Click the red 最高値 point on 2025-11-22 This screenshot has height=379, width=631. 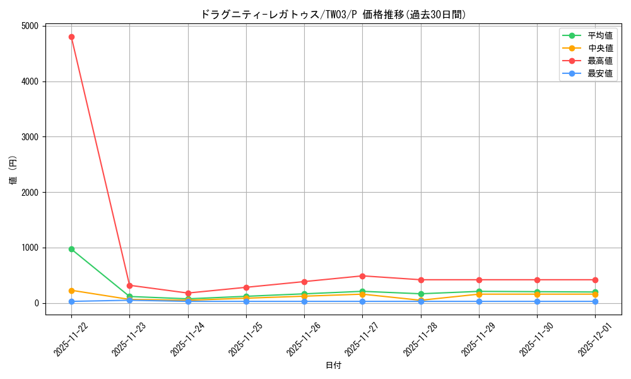pyautogui.click(x=71, y=37)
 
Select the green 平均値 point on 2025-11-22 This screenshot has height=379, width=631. pyautogui.click(x=71, y=249)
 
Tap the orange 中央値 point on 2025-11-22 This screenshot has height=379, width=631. pyautogui.click(x=71, y=291)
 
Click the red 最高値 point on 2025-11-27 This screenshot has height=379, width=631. pyautogui.click(x=362, y=276)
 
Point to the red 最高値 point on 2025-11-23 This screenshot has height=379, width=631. pyautogui.click(x=129, y=286)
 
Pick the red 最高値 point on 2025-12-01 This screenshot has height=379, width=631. pyautogui.click(x=595, y=280)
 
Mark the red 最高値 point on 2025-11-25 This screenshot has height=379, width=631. pyautogui.click(x=246, y=287)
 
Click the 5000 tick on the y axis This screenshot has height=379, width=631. pyautogui.click(x=29, y=26)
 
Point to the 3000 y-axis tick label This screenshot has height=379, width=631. pyautogui.click(x=29, y=137)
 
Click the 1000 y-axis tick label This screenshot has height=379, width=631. pyautogui.click(x=29, y=248)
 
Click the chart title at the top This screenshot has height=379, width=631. pyautogui.click(x=333, y=15)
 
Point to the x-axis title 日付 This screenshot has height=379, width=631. pyautogui.click(x=333, y=366)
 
